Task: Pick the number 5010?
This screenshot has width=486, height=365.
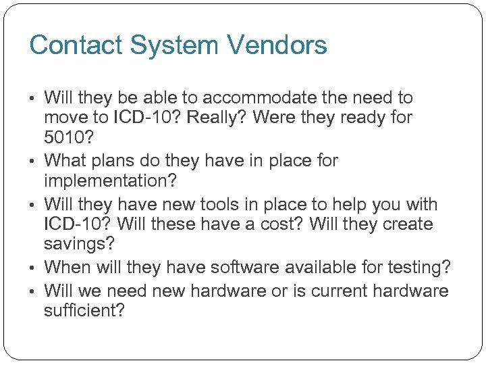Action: point(68,137)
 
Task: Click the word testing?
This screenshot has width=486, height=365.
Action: point(416,268)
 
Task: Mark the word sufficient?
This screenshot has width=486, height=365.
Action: point(84,312)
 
